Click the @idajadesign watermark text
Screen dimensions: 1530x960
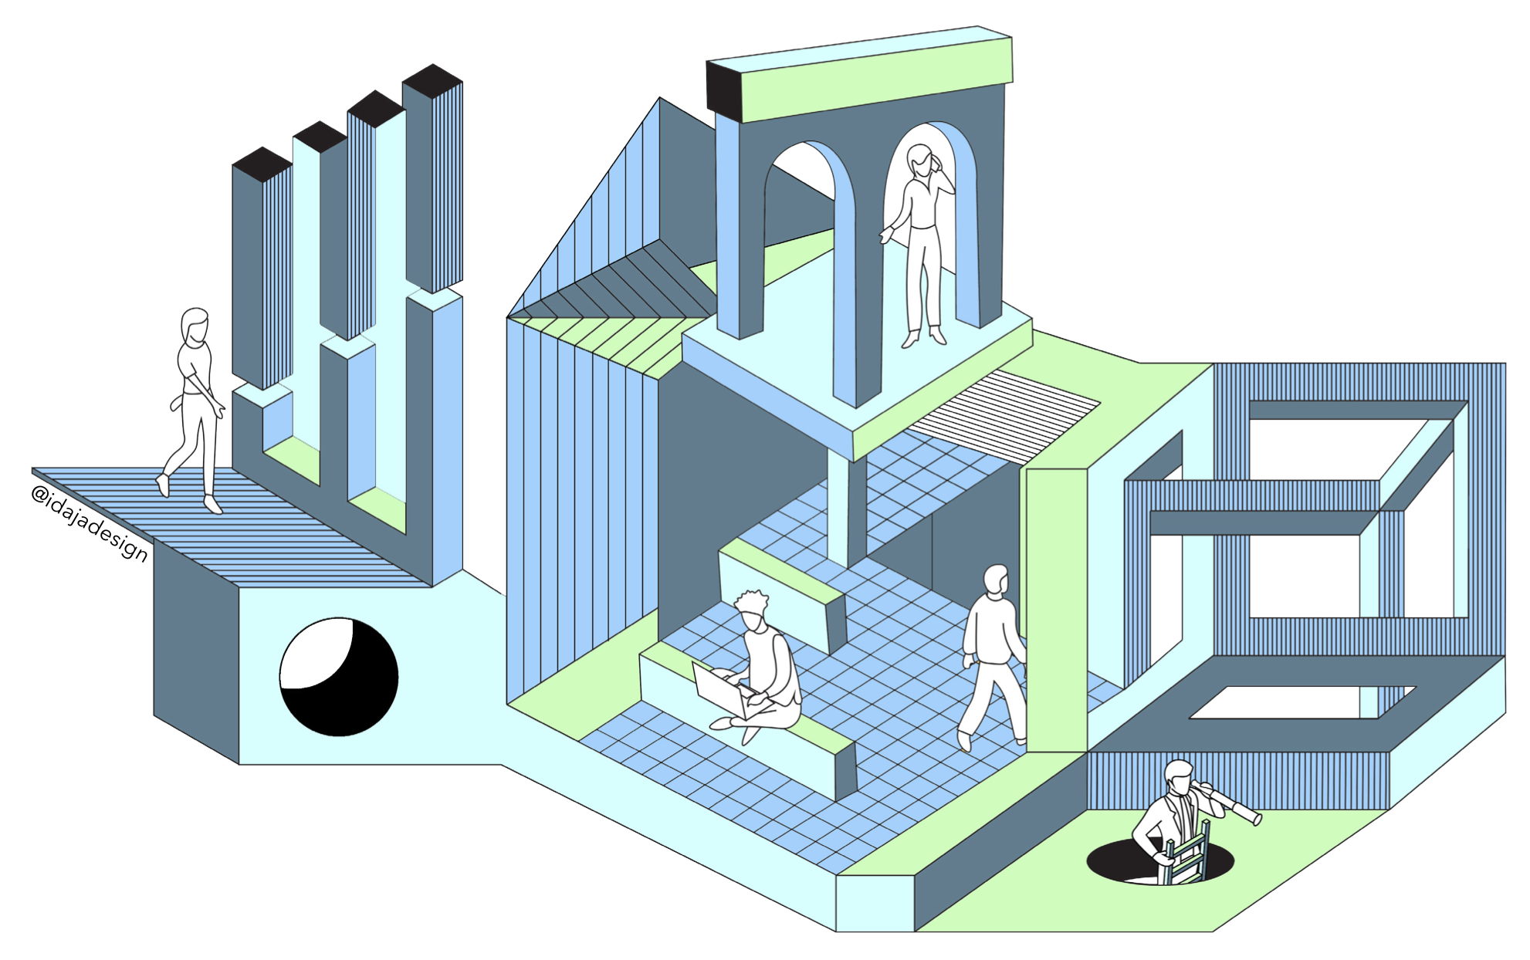tap(89, 522)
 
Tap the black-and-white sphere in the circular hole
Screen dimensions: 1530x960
tap(338, 677)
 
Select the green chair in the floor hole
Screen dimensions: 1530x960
tap(1187, 857)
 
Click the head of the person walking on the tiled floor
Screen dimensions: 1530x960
tap(997, 579)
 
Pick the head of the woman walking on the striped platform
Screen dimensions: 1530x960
tap(194, 325)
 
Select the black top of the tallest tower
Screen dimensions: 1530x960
tap(432, 79)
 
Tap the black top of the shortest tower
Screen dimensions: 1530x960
tap(262, 164)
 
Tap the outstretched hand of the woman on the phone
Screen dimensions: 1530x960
tap(885, 235)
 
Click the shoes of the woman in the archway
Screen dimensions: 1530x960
tap(924, 337)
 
